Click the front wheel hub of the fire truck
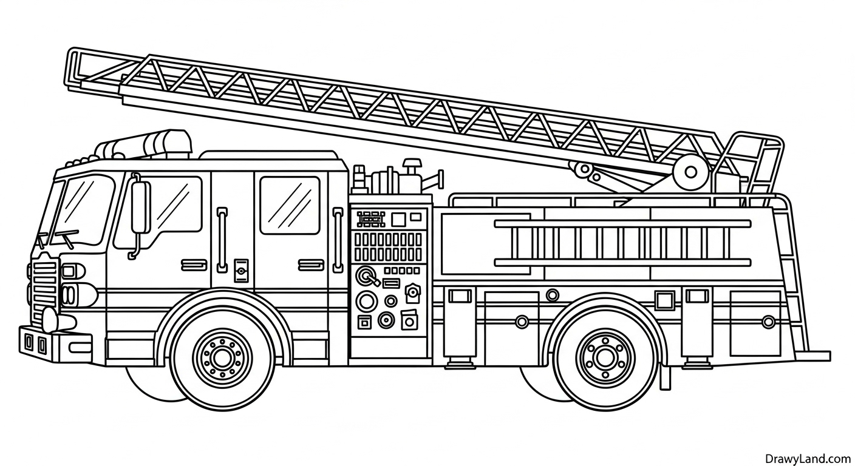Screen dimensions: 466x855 [x=222, y=357]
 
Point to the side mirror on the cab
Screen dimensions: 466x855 [x=140, y=208]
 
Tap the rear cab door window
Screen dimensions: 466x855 [x=289, y=205]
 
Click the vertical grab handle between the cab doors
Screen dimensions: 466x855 [x=223, y=240]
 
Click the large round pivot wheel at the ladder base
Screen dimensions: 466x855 [x=690, y=172]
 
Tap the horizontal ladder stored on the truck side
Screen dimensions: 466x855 [x=622, y=243]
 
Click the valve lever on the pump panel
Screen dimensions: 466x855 [x=368, y=278]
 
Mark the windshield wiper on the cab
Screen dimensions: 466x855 [x=61, y=235]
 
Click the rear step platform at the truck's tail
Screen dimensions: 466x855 [x=817, y=356]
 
